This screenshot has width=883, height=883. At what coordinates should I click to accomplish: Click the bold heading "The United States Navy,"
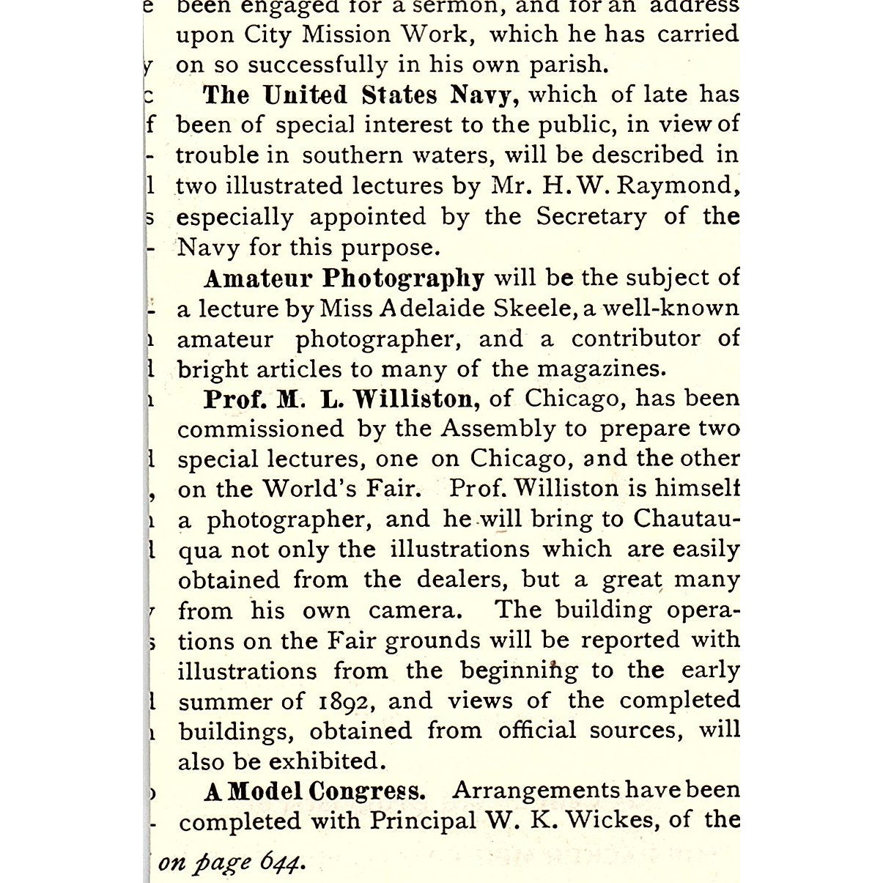(361, 95)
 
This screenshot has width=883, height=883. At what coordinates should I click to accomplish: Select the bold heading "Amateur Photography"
(344, 279)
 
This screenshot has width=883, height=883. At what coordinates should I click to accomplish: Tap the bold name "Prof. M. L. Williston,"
(341, 399)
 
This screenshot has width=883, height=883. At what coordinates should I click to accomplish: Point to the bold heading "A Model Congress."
(314, 792)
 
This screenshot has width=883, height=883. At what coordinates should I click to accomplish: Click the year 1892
(347, 702)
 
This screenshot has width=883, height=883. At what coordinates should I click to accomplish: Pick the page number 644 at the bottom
(281, 862)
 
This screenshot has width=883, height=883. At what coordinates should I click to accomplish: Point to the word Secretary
(591, 217)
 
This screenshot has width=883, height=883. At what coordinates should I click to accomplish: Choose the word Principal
(422, 820)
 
